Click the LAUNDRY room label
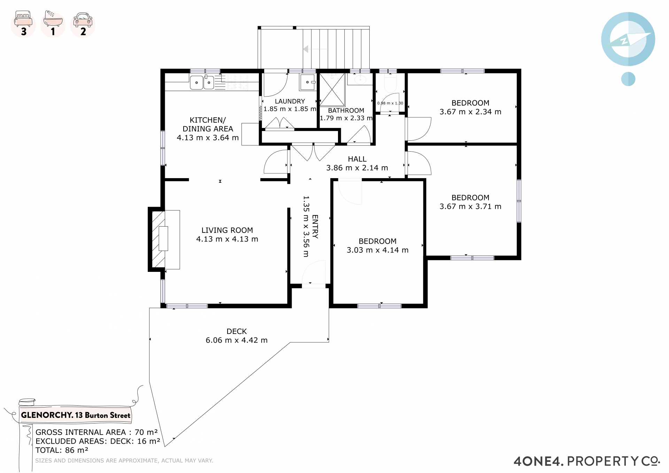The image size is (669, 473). [290, 101]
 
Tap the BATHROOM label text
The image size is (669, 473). [346, 110]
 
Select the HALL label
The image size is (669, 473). [357, 159]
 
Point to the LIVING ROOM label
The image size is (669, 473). [227, 230]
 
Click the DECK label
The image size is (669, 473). [237, 331]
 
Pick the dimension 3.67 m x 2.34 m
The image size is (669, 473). [470, 112]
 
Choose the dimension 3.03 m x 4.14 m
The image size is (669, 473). [377, 250]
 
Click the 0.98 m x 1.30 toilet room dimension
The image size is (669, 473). [390, 103]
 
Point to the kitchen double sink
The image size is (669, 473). [202, 82]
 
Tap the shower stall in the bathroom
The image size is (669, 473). [332, 90]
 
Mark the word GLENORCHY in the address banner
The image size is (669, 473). [47, 415]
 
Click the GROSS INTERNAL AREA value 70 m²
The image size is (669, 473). [146, 432]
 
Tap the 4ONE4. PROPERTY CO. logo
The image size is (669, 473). [587, 461]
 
